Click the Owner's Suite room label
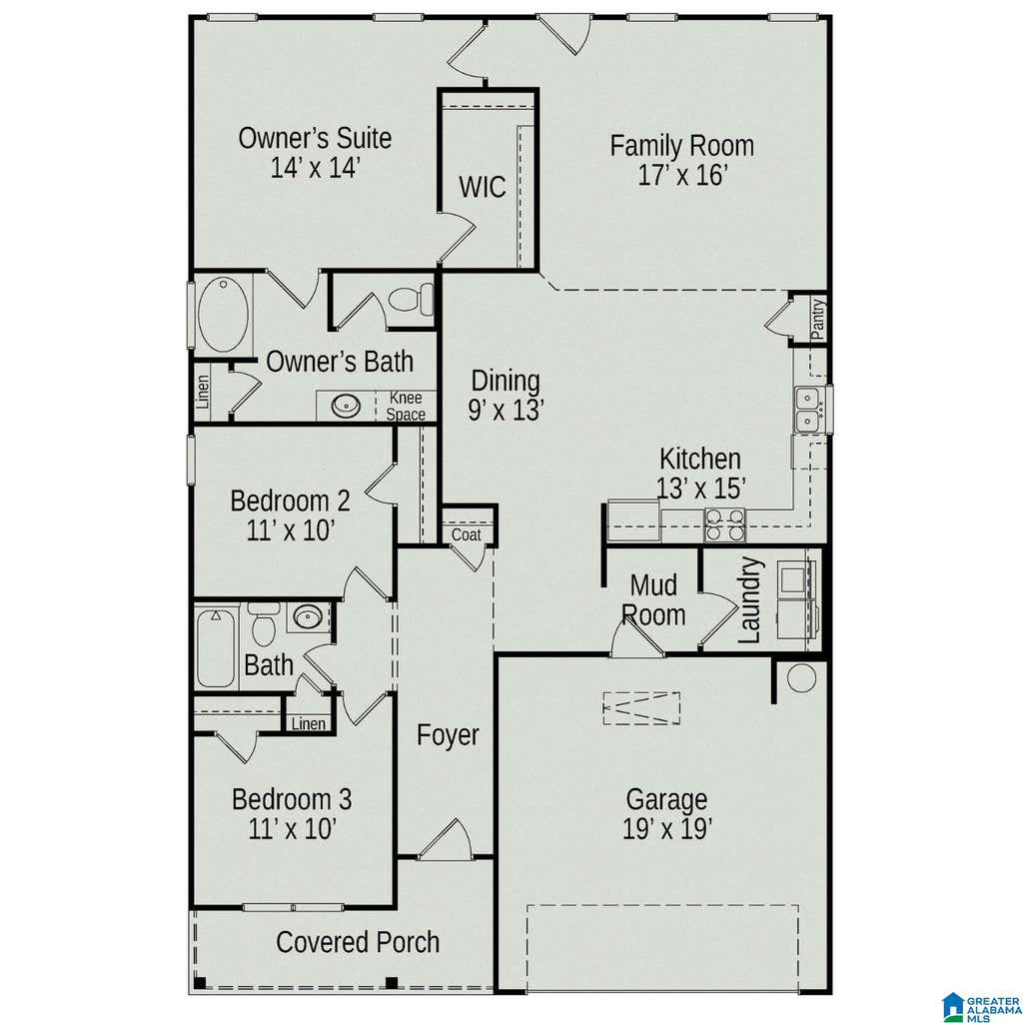click(x=315, y=138)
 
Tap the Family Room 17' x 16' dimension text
click(x=681, y=176)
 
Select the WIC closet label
click(x=483, y=187)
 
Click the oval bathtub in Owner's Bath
click(x=223, y=315)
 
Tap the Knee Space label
click(x=406, y=406)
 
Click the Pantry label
click(x=817, y=319)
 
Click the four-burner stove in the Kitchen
click(x=724, y=525)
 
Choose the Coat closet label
click(x=466, y=535)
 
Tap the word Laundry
click(x=750, y=599)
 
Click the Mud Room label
click(x=653, y=600)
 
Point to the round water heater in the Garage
click(x=801, y=678)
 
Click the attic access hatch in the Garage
click(x=641, y=708)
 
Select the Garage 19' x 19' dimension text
click(x=666, y=829)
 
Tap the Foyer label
click(x=448, y=735)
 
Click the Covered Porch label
click(x=358, y=942)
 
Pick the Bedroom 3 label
click(x=292, y=799)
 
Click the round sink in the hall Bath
click(x=308, y=616)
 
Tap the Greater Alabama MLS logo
click(x=981, y=1007)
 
